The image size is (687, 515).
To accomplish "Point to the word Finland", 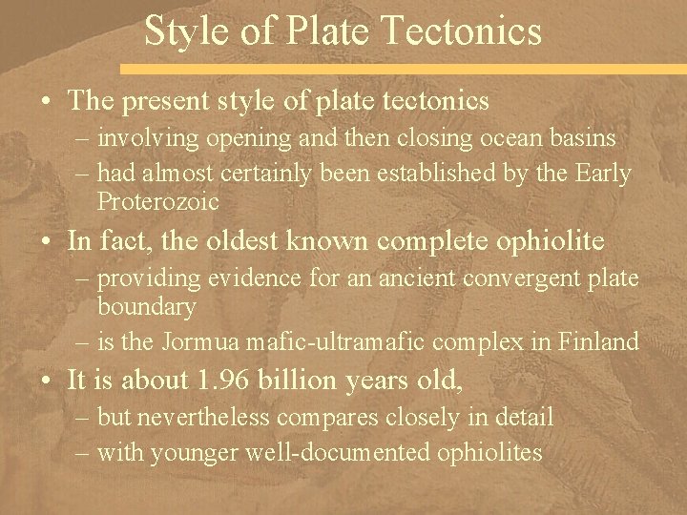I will click(601, 342).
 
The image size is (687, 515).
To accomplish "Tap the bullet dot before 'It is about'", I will click(48, 381).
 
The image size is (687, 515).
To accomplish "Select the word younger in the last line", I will click(219, 451).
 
